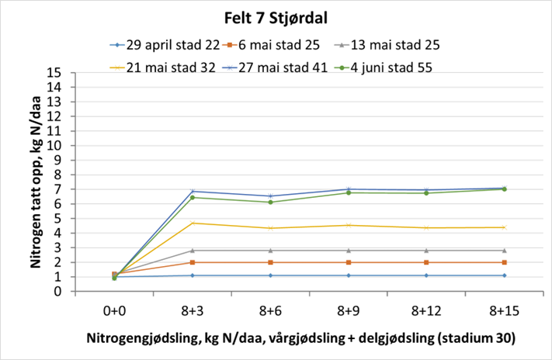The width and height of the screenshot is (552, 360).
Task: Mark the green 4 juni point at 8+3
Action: point(193,197)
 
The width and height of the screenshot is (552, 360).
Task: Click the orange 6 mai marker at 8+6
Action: point(270,262)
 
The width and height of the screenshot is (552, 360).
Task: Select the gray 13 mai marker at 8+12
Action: point(426,251)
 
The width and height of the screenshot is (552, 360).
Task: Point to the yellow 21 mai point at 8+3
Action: point(193,223)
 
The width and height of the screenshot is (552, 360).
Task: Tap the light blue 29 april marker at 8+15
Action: point(504,275)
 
